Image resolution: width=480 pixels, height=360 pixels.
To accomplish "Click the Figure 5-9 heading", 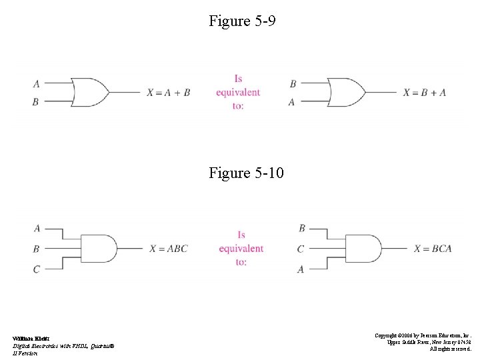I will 242,21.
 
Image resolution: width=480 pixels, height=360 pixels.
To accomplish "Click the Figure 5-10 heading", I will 246,173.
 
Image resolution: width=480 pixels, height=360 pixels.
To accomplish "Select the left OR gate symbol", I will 91,92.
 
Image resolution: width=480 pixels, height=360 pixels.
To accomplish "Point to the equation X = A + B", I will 169,93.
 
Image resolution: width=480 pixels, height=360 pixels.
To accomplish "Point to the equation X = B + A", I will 425,93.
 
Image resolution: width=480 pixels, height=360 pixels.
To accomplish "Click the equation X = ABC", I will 169,249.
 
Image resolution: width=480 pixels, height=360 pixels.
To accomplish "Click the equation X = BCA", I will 433,249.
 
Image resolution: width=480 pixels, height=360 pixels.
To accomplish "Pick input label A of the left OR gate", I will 36,84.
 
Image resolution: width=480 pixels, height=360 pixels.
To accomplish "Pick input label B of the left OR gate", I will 36,102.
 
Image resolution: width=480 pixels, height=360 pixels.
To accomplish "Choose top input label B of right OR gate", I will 293,84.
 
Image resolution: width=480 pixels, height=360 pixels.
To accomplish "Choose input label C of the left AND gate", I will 36,269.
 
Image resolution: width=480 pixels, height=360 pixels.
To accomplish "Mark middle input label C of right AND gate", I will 301,249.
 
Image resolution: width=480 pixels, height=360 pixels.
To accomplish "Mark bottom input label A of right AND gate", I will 301,269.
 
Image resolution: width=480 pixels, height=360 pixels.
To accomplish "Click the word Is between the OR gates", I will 239,79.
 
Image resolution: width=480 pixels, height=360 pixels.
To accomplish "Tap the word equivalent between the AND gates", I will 241,249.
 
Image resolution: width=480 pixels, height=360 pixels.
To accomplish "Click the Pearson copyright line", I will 423,335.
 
